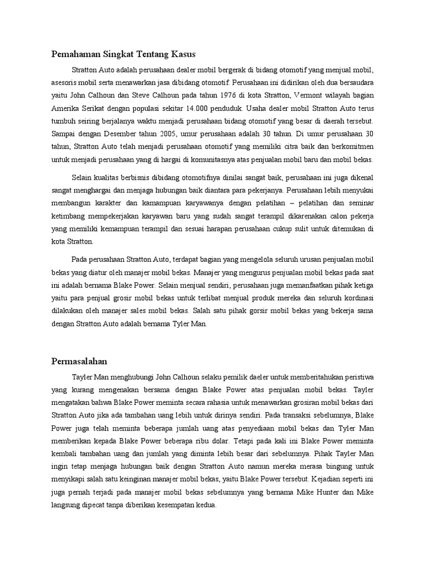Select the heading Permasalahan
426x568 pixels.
(x=79, y=360)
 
